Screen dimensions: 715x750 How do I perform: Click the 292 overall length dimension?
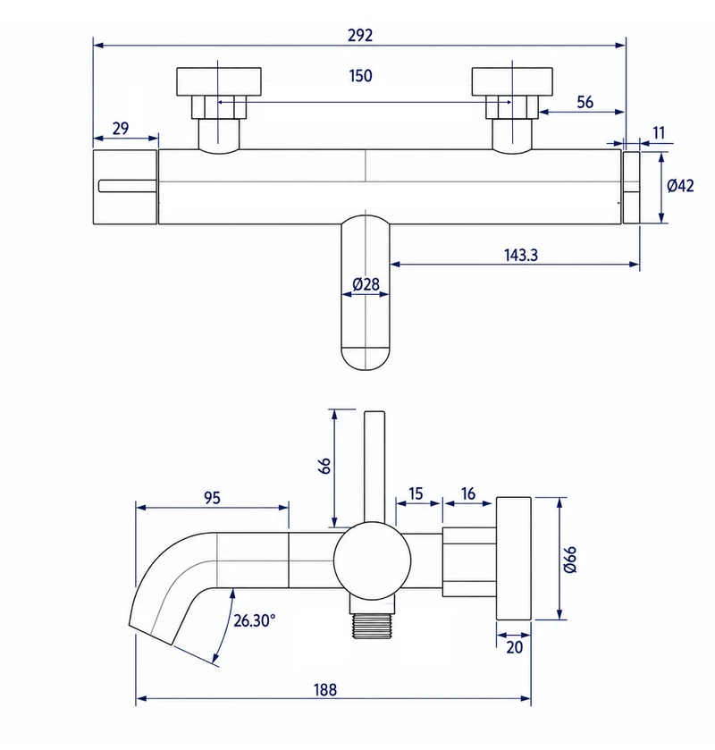pos(360,36)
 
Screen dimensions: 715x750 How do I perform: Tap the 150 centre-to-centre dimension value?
pos(360,76)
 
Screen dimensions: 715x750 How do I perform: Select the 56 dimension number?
pos(585,102)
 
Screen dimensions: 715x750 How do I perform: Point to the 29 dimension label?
pos(121,128)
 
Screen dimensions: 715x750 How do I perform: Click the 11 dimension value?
pos(659,132)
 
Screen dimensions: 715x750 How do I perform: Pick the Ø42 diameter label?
pos(680,186)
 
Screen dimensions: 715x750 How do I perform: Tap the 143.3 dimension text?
pos(521,255)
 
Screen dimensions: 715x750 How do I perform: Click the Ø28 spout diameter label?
pos(366,284)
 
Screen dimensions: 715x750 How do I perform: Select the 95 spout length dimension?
pos(213,498)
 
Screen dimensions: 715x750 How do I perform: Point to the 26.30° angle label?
pos(254,620)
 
